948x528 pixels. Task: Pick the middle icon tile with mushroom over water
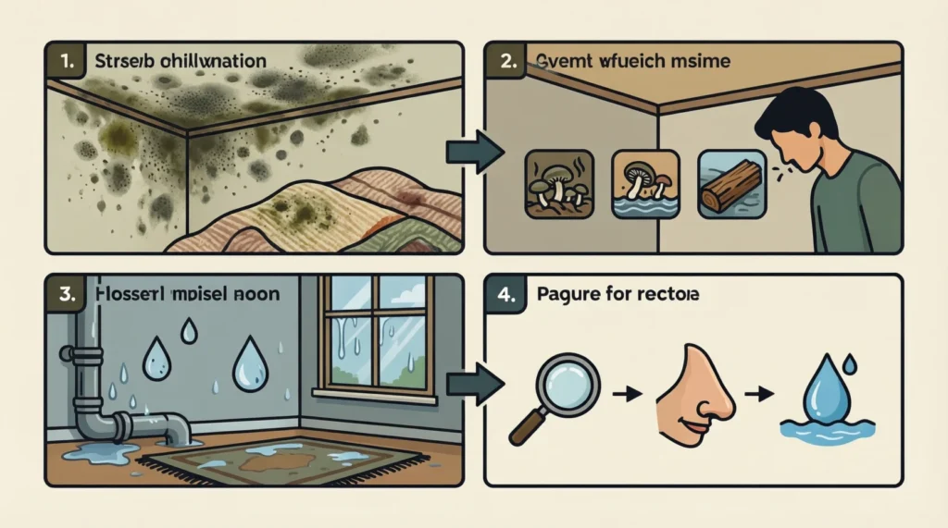click(640, 184)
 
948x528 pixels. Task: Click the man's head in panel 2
click(790, 130)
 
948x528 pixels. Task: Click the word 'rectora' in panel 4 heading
click(670, 297)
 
